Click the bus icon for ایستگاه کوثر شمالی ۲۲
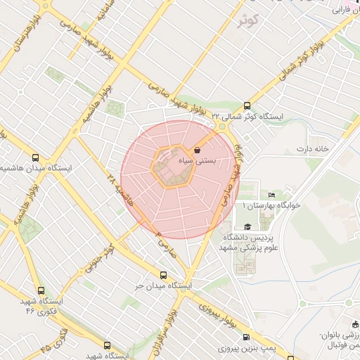pyautogui.click(x=245, y=104)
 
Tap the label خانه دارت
pyautogui.click(x=313, y=149)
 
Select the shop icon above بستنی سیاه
pyautogui.click(x=196, y=150)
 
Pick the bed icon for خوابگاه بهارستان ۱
pyautogui.click(x=272, y=195)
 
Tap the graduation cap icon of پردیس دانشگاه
pyautogui.click(x=247, y=226)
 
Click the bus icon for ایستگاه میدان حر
pyautogui.click(x=164, y=276)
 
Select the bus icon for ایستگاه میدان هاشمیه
pyautogui.click(x=36, y=158)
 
